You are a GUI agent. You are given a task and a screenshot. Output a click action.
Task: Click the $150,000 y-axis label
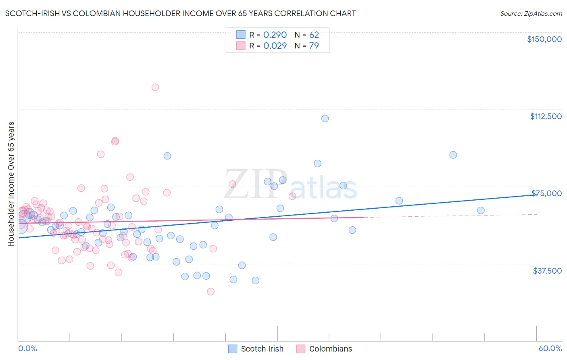[544, 39]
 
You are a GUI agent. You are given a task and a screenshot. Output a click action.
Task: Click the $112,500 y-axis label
[546, 116]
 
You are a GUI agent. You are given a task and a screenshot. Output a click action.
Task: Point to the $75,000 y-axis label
[546, 193]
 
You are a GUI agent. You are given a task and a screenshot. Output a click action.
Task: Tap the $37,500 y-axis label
[547, 271]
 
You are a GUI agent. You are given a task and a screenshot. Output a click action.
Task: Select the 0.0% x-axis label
[27, 348]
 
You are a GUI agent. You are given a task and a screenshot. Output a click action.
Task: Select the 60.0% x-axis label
[550, 348]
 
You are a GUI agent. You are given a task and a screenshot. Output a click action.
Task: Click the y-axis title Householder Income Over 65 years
[11, 184]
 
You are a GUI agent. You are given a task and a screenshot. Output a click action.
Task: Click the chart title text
[180, 13]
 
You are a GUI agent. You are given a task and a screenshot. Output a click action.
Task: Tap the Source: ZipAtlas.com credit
[531, 14]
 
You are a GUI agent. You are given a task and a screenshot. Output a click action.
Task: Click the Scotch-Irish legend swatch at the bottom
[233, 349]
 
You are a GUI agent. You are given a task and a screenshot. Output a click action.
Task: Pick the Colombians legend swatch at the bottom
[300, 349]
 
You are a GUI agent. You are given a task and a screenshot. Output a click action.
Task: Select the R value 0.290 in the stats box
[275, 35]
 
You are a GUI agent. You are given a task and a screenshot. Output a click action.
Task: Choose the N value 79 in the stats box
[314, 46]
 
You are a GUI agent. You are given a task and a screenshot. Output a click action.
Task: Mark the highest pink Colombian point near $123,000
[155, 87]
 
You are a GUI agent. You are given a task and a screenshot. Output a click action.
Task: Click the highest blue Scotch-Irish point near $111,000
[325, 119]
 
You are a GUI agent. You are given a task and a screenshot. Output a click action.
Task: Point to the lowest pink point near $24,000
[211, 291]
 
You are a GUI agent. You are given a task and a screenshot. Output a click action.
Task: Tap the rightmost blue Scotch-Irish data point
[481, 210]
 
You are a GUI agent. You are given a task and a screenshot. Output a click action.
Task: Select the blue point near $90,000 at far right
[453, 155]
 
